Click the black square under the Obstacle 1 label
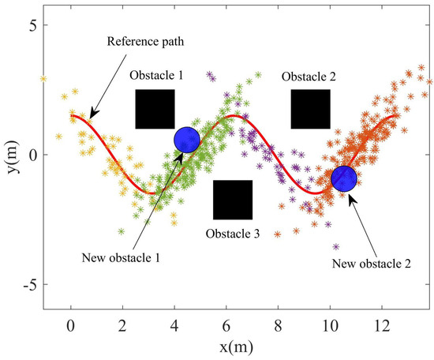point(155,109)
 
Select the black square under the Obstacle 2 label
point(310,109)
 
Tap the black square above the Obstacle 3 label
point(233,200)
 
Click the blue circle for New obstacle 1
point(187,140)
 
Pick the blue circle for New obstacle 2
point(343,178)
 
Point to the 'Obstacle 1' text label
point(156,76)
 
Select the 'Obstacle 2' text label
point(309,76)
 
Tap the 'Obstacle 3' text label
point(233,234)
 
